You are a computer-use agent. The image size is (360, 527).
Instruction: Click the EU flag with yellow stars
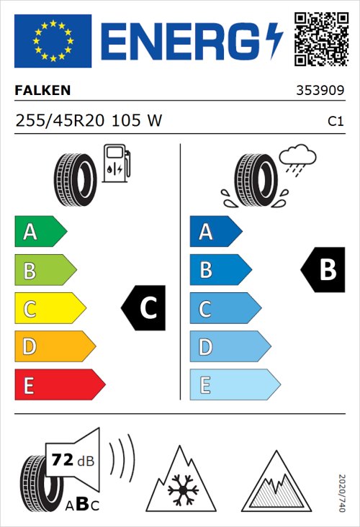coord(53,40)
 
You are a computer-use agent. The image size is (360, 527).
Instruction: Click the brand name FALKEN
coord(42,91)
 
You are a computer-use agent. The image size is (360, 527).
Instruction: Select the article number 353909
coord(320,91)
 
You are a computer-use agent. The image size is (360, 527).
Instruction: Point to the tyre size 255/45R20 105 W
coord(89,122)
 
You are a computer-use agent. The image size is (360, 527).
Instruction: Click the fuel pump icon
coord(116,163)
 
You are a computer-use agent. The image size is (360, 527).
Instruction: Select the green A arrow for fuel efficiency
coord(40,232)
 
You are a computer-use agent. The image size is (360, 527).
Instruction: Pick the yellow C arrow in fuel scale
coord(49,308)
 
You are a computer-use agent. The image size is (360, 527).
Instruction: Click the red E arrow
coord(59,384)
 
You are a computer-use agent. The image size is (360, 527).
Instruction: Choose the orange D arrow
coord(54,346)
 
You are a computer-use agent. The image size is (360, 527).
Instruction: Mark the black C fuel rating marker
coord(145,308)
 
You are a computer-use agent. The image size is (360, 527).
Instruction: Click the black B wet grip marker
coord(321,270)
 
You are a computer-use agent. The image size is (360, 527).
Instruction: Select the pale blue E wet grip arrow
coord(234,384)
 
